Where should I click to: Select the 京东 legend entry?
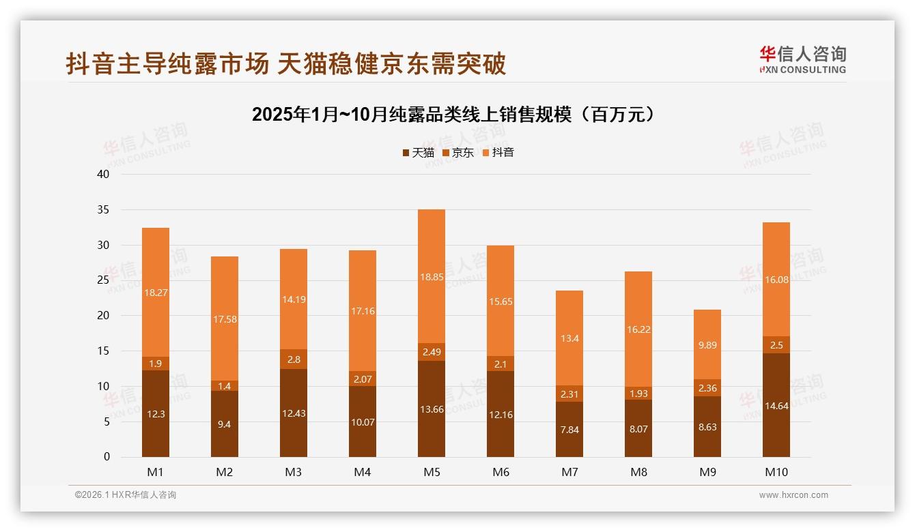tap(458, 153)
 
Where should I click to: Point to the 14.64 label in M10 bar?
tap(776, 405)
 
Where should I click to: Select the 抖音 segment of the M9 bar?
tap(707, 344)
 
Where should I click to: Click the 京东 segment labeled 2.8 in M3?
tap(294, 359)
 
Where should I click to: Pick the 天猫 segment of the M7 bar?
tap(569, 430)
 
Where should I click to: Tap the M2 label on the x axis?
tap(225, 472)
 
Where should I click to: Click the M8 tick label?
tap(638, 472)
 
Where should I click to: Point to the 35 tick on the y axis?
tap(103, 210)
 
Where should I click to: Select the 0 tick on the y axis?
tap(107, 457)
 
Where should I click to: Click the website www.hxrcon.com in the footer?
tap(793, 495)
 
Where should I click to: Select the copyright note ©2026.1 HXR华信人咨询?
tap(126, 495)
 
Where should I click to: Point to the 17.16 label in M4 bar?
tap(363, 311)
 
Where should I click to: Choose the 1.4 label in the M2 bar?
tap(225, 386)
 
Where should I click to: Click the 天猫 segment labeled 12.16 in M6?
tap(501, 414)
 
